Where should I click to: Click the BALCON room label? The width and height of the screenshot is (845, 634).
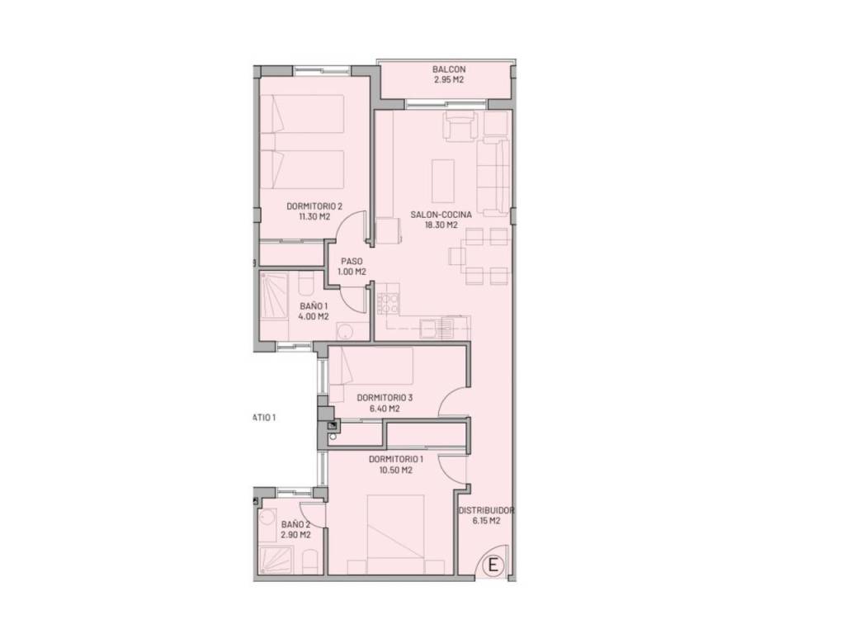click(449, 69)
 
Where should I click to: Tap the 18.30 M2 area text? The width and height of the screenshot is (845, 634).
click(441, 225)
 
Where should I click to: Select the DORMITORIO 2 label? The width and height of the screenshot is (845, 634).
click(314, 206)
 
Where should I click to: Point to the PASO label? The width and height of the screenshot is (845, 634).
click(352, 262)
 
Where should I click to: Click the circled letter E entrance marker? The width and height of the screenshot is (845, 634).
click(493, 565)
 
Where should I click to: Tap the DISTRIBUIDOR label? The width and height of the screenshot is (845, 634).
click(486, 510)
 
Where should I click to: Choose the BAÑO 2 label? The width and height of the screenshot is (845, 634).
click(295, 524)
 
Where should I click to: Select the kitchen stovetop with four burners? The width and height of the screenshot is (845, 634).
click(388, 304)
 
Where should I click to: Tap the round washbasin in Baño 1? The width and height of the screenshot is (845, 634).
click(344, 331)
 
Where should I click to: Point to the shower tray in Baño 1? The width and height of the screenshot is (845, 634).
click(274, 296)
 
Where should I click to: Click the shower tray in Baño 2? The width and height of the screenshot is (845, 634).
click(276, 561)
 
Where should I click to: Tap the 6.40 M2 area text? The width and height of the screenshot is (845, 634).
click(385, 409)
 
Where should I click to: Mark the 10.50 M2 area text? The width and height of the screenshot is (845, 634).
click(395, 470)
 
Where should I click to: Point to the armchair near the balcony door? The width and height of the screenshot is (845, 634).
click(460, 126)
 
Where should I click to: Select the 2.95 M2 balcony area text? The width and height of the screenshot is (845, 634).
click(449, 80)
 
